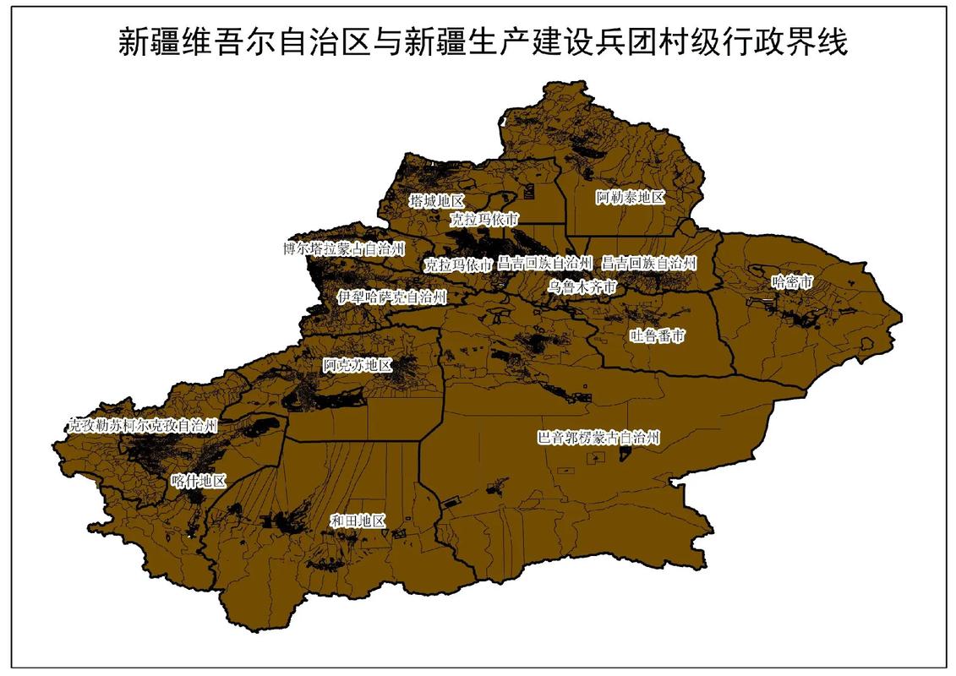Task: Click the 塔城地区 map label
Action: pyautogui.click(x=436, y=201)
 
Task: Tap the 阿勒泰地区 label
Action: pyautogui.click(x=630, y=198)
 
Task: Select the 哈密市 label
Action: pyautogui.click(x=792, y=281)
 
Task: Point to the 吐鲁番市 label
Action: pyautogui.click(x=657, y=336)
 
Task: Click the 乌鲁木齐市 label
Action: pyautogui.click(x=582, y=287)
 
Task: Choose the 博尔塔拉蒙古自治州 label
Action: pyautogui.click(x=344, y=248)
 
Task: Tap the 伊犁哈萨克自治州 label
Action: pyautogui.click(x=391, y=297)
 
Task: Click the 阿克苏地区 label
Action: pyautogui.click(x=358, y=366)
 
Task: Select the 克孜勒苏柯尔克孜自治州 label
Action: pyautogui.click(x=143, y=426)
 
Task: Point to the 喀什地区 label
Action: pyautogui.click(x=199, y=481)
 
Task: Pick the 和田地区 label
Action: pyautogui.click(x=358, y=521)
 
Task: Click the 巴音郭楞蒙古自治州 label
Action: pyautogui.click(x=598, y=438)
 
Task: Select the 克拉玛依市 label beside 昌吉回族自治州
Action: pyautogui.click(x=457, y=264)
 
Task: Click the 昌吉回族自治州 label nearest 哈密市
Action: pyautogui.click(x=648, y=263)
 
